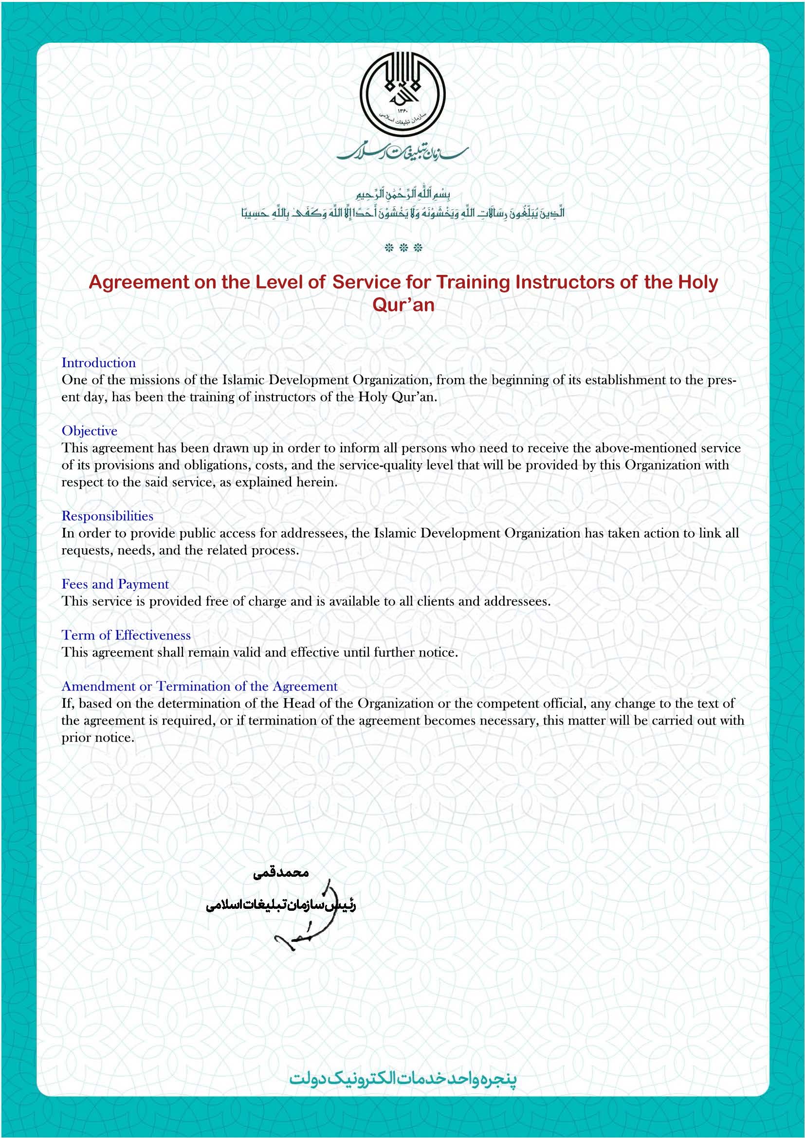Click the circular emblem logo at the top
(402, 94)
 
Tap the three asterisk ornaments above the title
(403, 248)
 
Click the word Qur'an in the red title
(403, 304)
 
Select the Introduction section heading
(99, 363)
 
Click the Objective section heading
(89, 431)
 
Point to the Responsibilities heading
(107, 516)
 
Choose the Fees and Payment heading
(115, 584)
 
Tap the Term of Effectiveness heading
(126, 635)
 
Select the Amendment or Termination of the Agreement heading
(199, 686)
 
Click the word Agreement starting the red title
(139, 282)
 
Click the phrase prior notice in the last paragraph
(97, 738)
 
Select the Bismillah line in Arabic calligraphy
(402, 194)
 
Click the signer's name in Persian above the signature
(280, 873)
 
